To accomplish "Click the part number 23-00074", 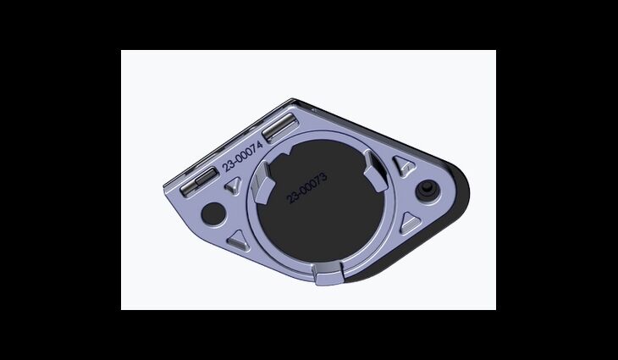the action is [x=242, y=157].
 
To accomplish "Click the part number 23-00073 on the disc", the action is [x=307, y=188].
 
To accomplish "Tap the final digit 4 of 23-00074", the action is [x=260, y=144].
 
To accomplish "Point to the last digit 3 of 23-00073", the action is [x=323, y=177].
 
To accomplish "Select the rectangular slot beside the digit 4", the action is [x=279, y=127].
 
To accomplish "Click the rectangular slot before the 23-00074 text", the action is [x=199, y=182].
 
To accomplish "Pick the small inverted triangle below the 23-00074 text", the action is [x=234, y=185].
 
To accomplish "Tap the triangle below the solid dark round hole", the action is [x=238, y=241].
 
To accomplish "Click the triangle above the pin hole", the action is [x=404, y=165].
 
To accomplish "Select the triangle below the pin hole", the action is [x=410, y=224].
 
